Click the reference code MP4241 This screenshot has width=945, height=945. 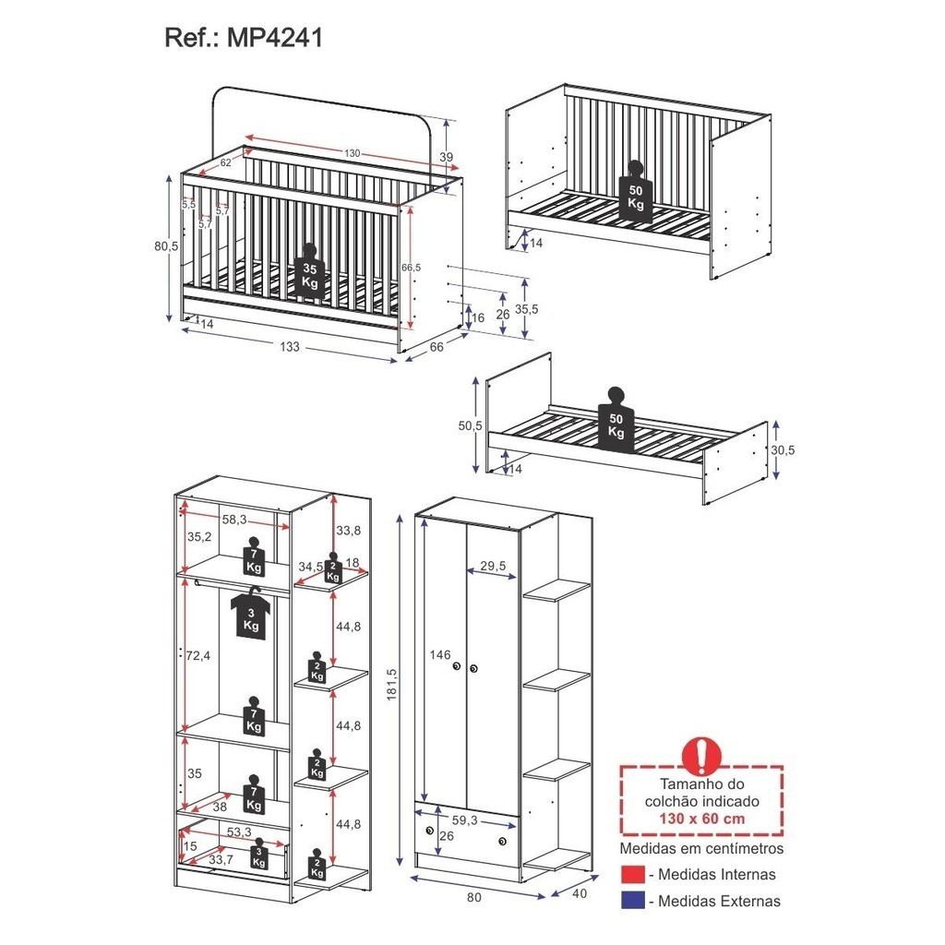269,38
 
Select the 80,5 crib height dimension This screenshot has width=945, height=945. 167,246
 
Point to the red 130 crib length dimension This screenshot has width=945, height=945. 352,153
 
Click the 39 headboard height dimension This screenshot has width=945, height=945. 447,158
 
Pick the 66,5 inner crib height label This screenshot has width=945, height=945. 411,267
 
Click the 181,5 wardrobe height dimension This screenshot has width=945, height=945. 391,683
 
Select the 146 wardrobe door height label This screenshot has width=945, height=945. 439,655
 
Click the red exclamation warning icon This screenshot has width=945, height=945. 700,756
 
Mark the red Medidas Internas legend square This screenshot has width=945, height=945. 632,875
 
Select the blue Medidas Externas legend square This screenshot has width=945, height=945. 632,901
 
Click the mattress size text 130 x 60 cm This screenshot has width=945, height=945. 700,819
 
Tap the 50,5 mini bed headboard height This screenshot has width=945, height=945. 471,425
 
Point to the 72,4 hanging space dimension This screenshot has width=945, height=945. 197,655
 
